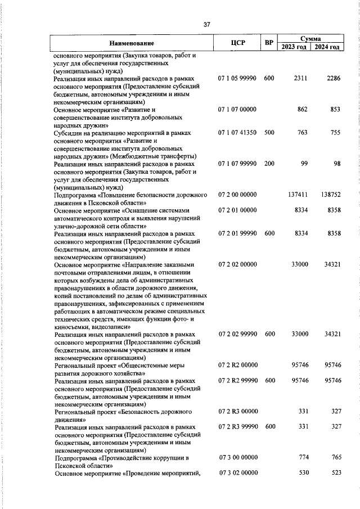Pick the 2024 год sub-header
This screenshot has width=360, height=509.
[327, 47]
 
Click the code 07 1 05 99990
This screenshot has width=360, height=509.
[237, 79]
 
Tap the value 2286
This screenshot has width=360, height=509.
[334, 79]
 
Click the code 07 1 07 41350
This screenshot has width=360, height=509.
[237, 133]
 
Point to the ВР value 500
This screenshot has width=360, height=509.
[269, 133]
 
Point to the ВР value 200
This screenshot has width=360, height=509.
[269, 163]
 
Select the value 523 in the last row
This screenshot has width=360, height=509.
[336, 472]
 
